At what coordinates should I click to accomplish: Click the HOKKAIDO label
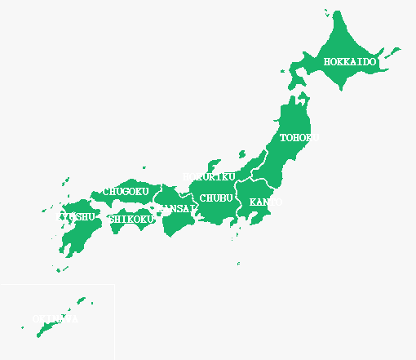click(350, 62)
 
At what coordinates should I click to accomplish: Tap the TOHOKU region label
click(299, 138)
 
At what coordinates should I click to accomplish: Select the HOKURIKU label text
click(209, 177)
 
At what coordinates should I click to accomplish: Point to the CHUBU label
click(216, 198)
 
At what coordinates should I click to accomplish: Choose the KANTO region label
click(266, 202)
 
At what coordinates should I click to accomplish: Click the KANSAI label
click(177, 209)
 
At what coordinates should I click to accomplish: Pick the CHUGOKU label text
click(126, 192)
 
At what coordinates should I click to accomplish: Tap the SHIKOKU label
click(131, 219)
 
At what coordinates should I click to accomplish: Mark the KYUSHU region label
click(74, 216)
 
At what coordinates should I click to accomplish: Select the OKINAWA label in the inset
click(55, 318)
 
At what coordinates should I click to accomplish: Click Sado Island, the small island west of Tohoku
click(242, 153)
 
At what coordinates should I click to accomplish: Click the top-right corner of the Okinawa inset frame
click(114, 285)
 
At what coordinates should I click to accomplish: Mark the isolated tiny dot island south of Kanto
click(238, 264)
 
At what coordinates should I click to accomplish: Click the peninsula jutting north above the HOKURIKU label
click(215, 163)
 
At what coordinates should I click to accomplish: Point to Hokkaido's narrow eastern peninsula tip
click(398, 50)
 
